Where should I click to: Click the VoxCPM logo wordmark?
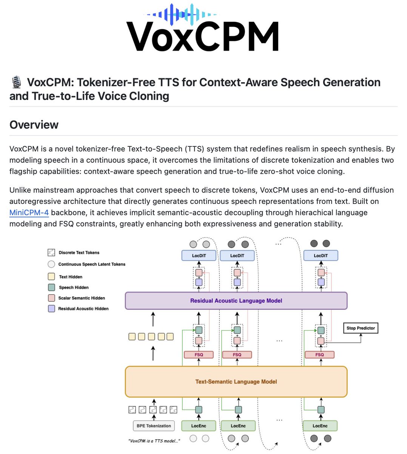[203, 37]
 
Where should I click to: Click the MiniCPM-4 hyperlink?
[29, 213]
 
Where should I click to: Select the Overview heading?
[34, 125]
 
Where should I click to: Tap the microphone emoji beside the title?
[16, 82]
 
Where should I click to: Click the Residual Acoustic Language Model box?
[236, 301]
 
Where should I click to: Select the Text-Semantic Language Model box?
[236, 382]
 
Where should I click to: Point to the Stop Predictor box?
[361, 328]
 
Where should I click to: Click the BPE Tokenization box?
[154, 426]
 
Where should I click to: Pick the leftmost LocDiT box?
[199, 256]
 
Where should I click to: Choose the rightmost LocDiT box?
[321, 256]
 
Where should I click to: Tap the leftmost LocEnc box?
[199, 426]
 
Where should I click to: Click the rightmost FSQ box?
[319, 355]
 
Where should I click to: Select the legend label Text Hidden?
[71, 277]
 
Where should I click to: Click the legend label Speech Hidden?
[74, 288]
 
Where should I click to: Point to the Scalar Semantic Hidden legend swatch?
[52, 298]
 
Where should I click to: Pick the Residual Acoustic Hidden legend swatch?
[52, 309]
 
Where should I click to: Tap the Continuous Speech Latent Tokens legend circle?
[51, 264]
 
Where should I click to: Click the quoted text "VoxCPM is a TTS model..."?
[154, 441]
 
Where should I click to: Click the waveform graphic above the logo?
[182, 15]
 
